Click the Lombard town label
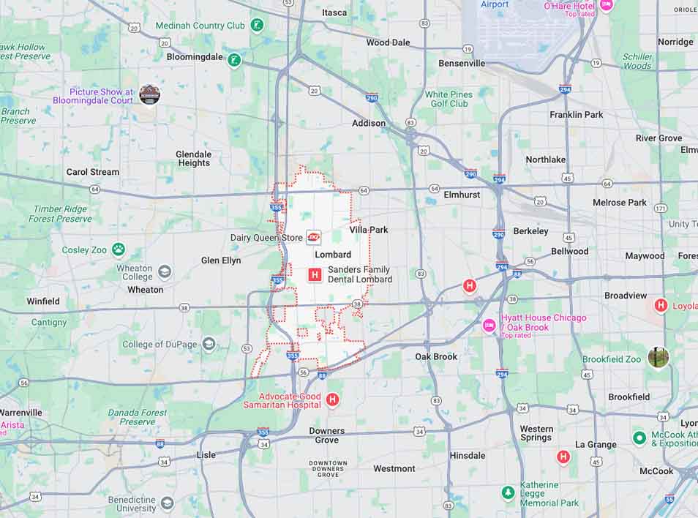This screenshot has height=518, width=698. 333,255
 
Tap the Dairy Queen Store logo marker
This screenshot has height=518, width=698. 314,237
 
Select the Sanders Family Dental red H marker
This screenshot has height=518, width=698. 315,275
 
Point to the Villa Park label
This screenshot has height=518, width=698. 368,230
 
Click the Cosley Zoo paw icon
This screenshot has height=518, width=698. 118,249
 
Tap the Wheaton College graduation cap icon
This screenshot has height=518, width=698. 165,272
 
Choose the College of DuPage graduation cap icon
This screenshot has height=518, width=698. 209,344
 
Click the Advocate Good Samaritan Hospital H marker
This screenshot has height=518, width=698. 333,399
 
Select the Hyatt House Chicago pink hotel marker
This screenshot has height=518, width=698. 489,324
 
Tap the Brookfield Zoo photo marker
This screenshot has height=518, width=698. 658,358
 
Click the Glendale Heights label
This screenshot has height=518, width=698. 194,159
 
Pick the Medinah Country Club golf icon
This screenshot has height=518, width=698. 257,26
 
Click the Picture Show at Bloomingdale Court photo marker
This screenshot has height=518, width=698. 149,95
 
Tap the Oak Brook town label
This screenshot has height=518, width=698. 436,357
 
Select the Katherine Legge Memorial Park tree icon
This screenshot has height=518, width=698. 509,493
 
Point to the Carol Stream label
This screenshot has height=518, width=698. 93,172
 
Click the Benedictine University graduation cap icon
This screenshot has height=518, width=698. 168,503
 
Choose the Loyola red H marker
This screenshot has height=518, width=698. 661,305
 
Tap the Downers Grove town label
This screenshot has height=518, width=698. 326,435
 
